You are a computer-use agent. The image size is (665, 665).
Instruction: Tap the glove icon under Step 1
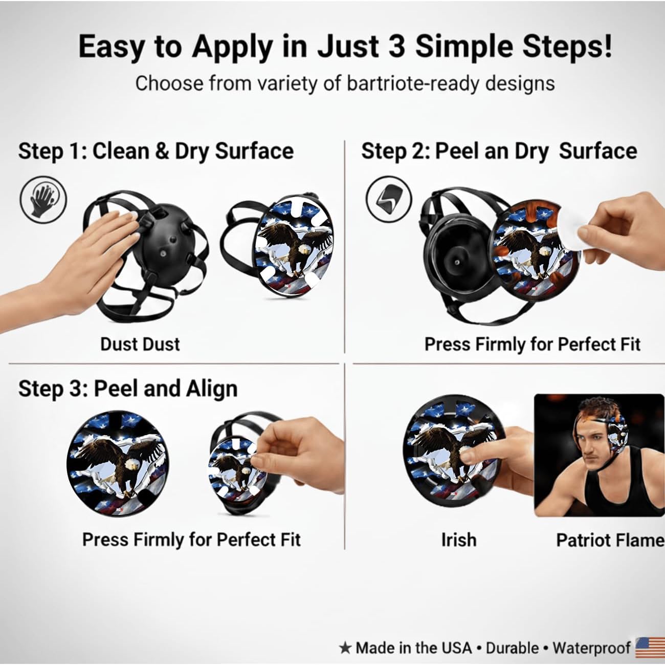coord(43,199)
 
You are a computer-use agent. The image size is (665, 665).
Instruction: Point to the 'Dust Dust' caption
coord(140,344)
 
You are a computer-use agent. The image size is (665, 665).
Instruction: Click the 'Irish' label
coord(458,540)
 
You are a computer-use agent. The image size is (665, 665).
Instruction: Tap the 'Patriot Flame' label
coord(609,540)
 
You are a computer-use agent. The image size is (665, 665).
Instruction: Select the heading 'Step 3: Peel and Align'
coord(128,389)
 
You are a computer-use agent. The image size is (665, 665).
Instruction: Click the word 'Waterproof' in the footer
coord(591,648)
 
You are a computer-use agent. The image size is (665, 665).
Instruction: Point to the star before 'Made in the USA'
coord(345,648)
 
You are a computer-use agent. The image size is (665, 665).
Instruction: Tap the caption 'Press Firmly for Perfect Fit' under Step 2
coord(532,344)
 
